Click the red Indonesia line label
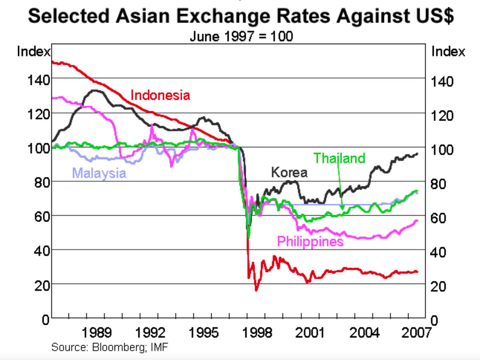tap(160, 95)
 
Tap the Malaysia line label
tap(99, 173)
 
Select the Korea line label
tap(289, 172)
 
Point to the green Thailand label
tap(339, 158)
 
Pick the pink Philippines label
tap(310, 242)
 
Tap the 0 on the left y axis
tap(45, 319)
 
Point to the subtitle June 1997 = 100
tap(241, 37)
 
